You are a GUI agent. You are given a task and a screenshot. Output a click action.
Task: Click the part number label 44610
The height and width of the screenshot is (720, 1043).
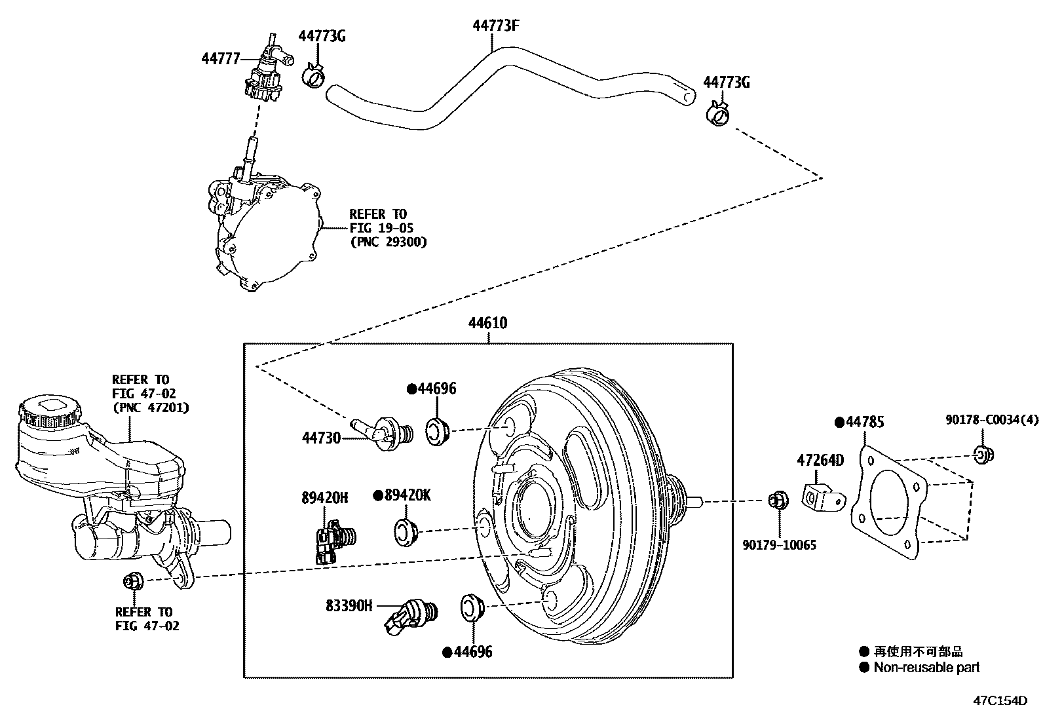point(487,323)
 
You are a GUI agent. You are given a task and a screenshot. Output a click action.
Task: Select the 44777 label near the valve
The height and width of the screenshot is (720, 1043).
point(221,58)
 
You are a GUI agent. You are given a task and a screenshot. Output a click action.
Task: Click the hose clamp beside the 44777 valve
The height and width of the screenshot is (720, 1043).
point(313,77)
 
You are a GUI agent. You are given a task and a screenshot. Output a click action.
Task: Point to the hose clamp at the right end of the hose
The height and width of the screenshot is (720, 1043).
point(719,114)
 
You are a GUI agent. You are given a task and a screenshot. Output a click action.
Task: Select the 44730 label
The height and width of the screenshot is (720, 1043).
point(321,437)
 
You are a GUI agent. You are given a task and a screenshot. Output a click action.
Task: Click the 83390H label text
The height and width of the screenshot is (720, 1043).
point(349,606)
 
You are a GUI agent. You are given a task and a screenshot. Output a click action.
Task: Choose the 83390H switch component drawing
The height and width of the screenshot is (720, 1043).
point(411,616)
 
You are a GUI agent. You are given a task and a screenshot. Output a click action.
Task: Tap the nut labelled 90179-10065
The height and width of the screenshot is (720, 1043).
point(778,501)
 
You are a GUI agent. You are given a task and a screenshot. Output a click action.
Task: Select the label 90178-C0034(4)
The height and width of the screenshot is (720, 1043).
point(991,419)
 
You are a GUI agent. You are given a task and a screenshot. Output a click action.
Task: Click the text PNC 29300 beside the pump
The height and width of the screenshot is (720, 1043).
point(387,242)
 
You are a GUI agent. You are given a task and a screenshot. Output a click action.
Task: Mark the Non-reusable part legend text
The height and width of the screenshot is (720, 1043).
point(926,668)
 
